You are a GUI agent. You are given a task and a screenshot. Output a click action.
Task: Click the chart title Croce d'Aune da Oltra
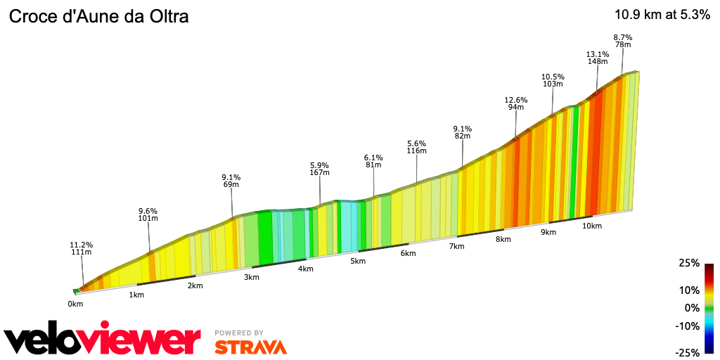98,17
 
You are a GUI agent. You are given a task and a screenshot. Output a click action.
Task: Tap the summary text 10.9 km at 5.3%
662,15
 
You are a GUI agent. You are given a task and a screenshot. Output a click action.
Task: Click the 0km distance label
75,304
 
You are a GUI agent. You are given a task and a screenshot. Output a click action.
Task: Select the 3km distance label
252,277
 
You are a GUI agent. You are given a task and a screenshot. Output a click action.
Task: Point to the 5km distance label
358,262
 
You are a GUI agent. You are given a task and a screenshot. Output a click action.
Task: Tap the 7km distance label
456,246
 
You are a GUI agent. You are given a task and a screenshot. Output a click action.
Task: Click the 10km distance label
592,226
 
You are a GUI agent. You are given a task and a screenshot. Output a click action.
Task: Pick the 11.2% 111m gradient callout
82,249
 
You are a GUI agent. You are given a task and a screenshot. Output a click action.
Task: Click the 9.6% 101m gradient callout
148,214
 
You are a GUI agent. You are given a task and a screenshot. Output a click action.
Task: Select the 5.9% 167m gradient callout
319,169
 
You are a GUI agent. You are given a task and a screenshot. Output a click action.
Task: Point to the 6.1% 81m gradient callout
373,161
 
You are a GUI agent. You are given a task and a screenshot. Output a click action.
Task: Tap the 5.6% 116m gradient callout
417,147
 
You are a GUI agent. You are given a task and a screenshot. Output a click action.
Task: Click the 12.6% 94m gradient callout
516,103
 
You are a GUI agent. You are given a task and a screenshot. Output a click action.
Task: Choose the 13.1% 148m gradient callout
597,58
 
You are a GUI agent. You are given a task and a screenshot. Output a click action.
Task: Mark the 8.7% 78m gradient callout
623,41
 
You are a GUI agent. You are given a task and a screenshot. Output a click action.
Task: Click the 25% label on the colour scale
689,263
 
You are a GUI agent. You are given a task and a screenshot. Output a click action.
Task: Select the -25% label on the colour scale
688,352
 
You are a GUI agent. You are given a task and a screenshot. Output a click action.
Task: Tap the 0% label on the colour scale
693,308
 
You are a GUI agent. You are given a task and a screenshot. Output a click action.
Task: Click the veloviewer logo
102,341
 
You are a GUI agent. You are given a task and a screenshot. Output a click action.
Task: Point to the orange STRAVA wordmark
250,347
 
